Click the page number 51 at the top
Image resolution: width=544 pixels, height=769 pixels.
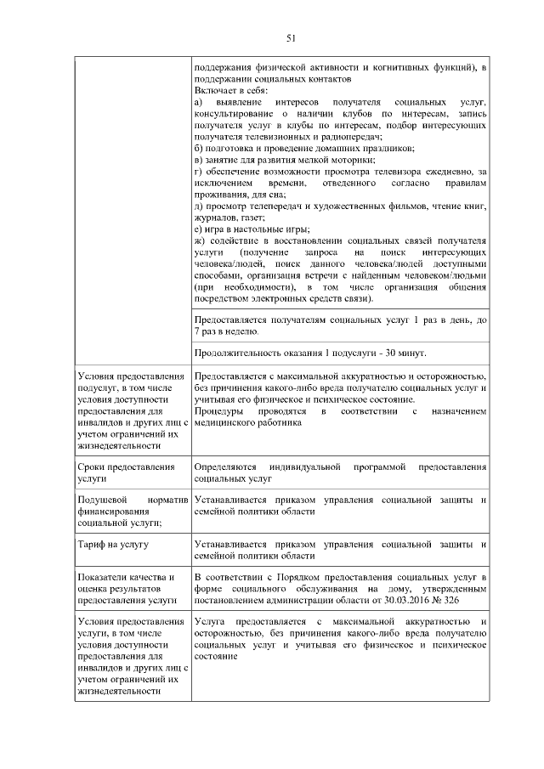click(x=290, y=37)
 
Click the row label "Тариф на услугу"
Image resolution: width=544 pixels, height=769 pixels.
click(x=113, y=544)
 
